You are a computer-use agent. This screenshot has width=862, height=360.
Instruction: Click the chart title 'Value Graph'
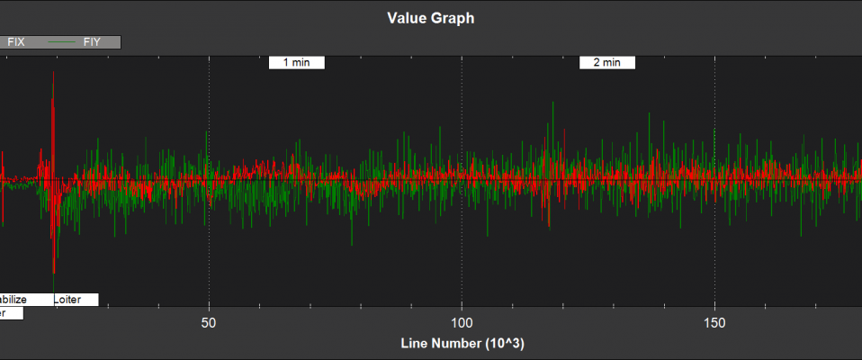(430, 18)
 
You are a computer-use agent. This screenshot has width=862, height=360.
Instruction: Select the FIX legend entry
(16, 41)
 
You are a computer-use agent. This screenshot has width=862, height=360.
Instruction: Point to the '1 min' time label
(296, 63)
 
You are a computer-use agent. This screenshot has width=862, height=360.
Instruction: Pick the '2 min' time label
(606, 63)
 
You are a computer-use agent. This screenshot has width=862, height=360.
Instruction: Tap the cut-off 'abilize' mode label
(14, 300)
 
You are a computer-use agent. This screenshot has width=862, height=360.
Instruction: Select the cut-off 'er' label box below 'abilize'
(9, 313)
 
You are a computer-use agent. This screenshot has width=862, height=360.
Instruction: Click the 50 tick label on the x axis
(209, 322)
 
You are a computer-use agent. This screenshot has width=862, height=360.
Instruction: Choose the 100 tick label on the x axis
(462, 322)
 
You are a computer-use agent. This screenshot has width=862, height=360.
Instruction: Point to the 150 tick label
(714, 322)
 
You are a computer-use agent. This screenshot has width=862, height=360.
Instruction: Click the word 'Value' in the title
(406, 18)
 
